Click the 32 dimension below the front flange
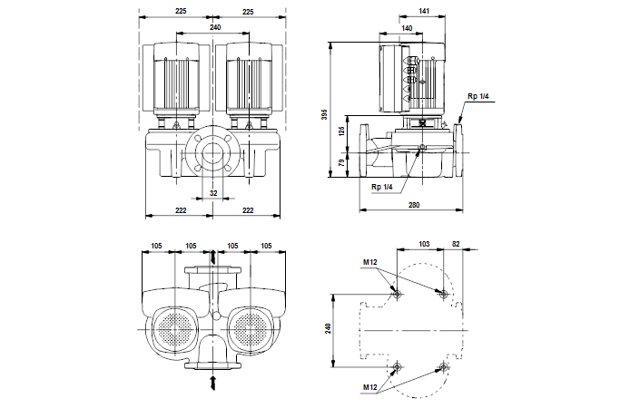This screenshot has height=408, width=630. point(213,193)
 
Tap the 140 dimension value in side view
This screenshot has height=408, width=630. point(407,29)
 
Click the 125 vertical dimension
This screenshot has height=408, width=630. point(341,132)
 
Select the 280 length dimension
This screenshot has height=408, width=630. point(413,206)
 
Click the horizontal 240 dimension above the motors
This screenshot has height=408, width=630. point(214,28)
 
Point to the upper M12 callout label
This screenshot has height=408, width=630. point(369,263)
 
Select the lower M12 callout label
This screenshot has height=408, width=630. point(369,387)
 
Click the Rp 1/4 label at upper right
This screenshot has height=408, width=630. point(477,96)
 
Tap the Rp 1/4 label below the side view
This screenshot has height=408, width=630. point(381,186)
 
